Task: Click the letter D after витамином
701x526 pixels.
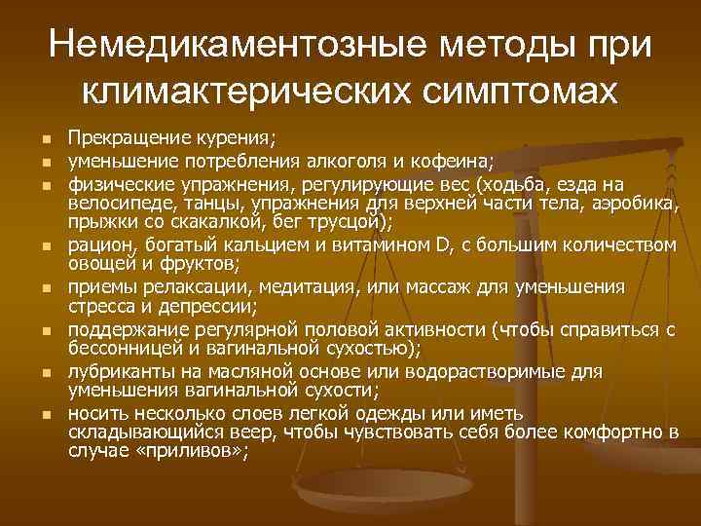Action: [441, 244]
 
